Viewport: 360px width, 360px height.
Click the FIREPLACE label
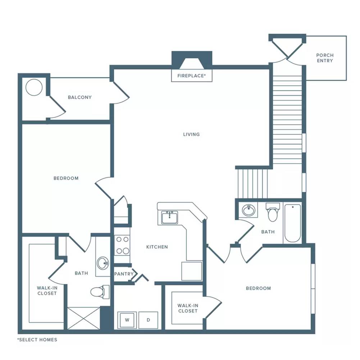tap(191, 76)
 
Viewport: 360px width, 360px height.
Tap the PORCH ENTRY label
tap(325, 58)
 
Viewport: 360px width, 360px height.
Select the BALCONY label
tap(80, 97)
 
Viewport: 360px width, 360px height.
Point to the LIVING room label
tap(191, 134)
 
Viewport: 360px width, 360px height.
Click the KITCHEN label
tap(157, 247)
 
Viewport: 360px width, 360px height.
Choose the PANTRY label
tap(124, 274)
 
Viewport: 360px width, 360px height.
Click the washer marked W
tap(127, 320)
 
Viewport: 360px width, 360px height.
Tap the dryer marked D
tap(148, 320)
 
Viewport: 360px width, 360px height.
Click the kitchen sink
tap(169, 217)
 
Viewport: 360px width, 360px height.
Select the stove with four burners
tap(122, 245)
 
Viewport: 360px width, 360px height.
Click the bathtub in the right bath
tap(293, 223)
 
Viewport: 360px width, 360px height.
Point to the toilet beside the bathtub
tap(273, 212)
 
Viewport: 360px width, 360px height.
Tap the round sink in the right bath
tap(249, 210)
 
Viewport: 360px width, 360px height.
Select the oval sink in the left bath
tap(103, 263)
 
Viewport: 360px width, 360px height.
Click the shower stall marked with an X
tap(83, 318)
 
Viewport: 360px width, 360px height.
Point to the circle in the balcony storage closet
tap(34, 87)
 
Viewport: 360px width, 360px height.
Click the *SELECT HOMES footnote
tap(37, 340)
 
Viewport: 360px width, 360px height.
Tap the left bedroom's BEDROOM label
tap(66, 178)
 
